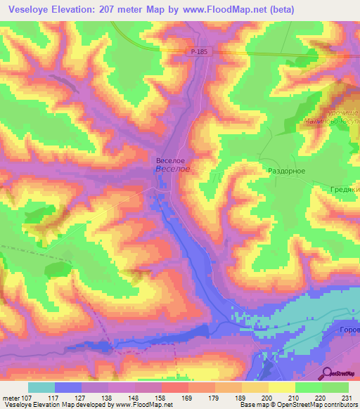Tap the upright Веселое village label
click(x=170, y=160)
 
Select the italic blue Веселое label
click(x=172, y=169)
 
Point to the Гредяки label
click(x=345, y=190)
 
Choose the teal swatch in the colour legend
click(x=41, y=387)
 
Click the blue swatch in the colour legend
click(x=68, y=387)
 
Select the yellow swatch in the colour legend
click(x=282, y=387)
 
